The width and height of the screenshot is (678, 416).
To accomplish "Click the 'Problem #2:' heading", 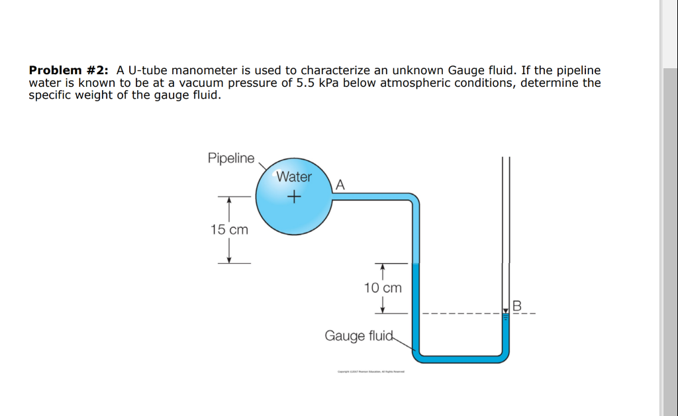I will (70, 70).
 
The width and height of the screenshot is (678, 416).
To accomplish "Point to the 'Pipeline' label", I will (230, 158).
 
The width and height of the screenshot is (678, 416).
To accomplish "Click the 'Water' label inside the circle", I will (294, 177).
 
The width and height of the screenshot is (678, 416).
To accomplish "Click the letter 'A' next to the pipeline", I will (340, 185).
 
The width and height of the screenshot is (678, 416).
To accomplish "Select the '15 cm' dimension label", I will (229, 230).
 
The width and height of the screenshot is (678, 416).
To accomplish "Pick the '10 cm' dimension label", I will (383, 288).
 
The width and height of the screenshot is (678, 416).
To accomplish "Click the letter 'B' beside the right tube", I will (517, 306).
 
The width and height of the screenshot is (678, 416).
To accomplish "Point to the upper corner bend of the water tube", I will (412, 199).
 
